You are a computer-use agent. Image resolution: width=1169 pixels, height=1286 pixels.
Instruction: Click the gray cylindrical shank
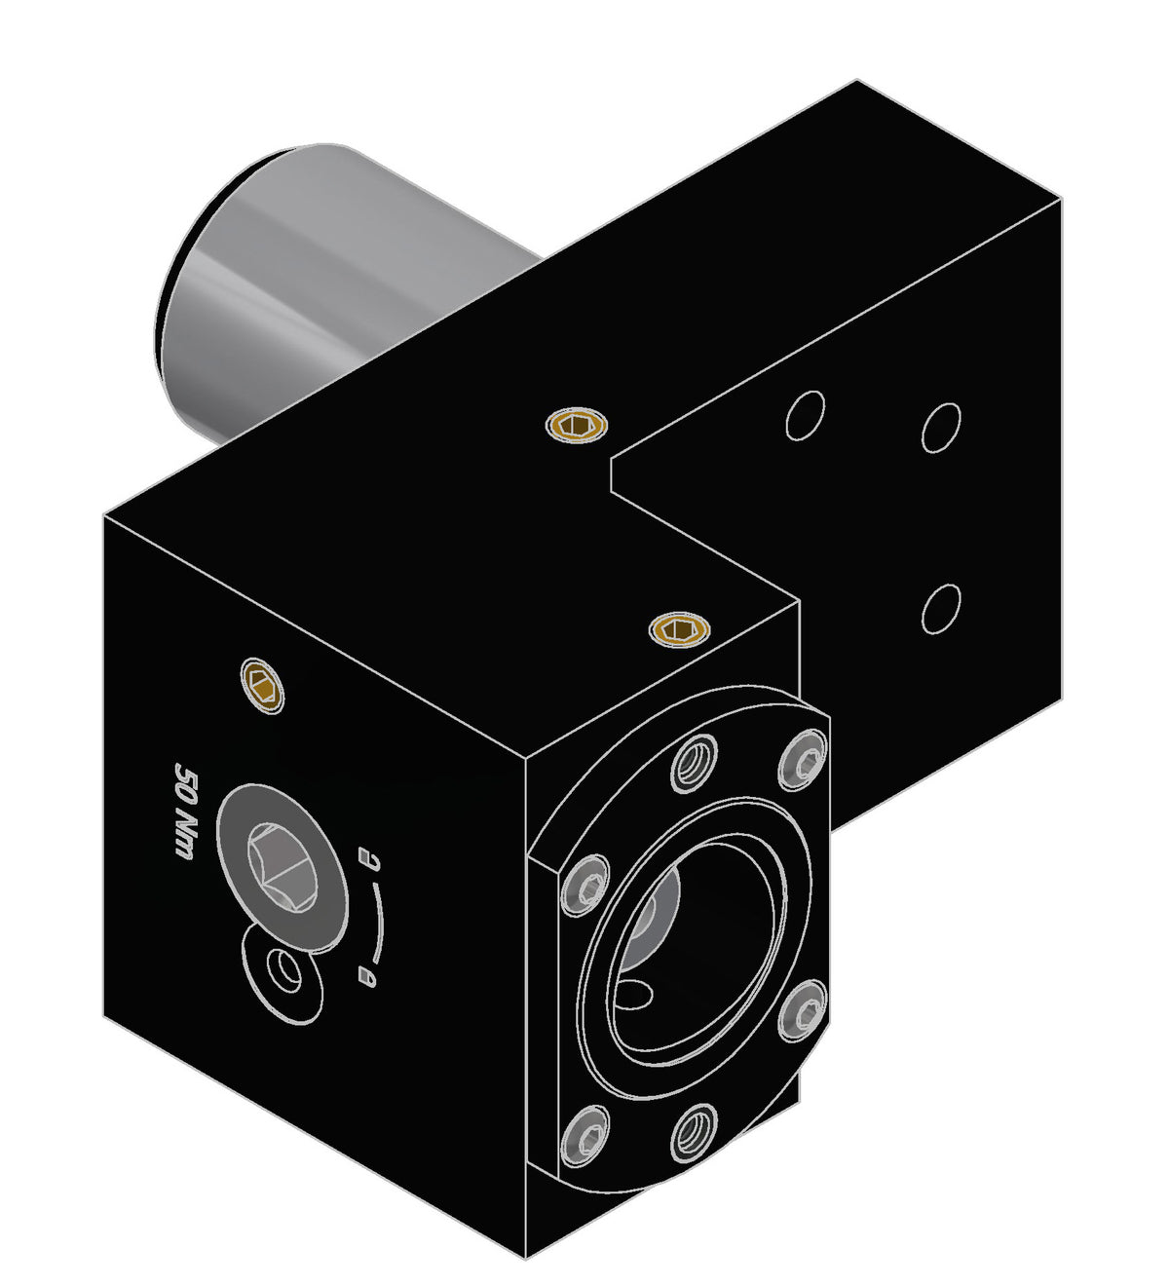click(x=321, y=292)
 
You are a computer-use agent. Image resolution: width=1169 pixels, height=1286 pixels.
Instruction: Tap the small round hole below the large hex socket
click(x=285, y=971)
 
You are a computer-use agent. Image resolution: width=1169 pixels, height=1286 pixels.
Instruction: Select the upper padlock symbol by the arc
click(x=368, y=857)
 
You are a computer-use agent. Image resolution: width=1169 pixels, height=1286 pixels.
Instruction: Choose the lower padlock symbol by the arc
click(x=367, y=973)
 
